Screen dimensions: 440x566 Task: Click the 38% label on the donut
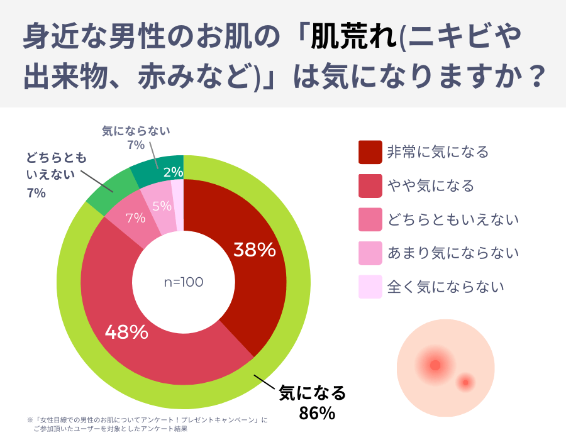[x=255, y=250]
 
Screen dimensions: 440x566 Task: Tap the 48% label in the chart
[x=126, y=332]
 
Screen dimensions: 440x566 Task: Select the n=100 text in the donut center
[x=184, y=282]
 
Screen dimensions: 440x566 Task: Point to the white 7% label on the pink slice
[x=136, y=219]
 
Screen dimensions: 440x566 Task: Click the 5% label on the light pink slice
[x=162, y=206]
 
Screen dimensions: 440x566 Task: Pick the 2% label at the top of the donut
[x=173, y=172]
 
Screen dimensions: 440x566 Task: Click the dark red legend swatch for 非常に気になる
[x=370, y=151]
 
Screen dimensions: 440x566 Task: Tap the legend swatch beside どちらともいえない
[x=370, y=219]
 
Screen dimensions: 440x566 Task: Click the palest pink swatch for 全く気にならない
[x=370, y=287]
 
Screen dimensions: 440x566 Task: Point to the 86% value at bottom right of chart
[x=316, y=413]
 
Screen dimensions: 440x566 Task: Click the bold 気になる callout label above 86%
[x=313, y=393]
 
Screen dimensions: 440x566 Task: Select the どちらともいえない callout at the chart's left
[x=56, y=166]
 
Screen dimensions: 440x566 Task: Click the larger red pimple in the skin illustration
[x=435, y=365]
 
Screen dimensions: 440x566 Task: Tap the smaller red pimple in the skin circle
[x=465, y=382]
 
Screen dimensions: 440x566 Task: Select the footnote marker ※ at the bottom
[x=30, y=419]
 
